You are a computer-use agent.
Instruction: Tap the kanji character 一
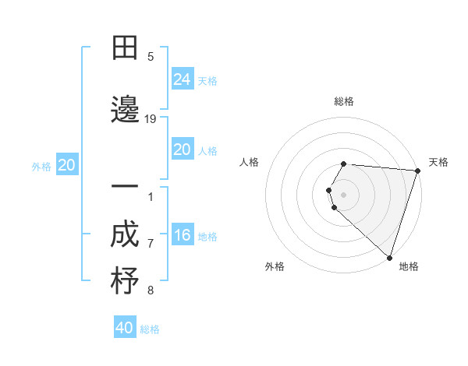(125, 188)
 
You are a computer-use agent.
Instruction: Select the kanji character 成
(125, 235)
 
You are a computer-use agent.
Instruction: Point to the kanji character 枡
(125, 281)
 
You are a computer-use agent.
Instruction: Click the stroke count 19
(151, 118)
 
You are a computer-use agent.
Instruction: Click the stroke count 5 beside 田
(151, 57)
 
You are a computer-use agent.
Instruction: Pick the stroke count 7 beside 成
(151, 244)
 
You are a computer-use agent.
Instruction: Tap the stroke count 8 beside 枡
(151, 290)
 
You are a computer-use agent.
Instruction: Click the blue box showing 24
(183, 79)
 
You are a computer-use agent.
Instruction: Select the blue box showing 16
(183, 235)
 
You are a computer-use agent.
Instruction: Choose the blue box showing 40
(125, 328)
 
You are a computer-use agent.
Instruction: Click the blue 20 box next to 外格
(67, 165)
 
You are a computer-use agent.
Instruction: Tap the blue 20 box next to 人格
(183, 150)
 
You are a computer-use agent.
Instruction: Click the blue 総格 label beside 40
(150, 329)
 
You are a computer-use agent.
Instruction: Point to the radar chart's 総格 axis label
(344, 101)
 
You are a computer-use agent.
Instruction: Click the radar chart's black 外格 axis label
(275, 266)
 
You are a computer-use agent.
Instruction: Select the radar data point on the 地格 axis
(389, 257)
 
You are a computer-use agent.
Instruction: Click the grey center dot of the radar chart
(344, 194)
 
